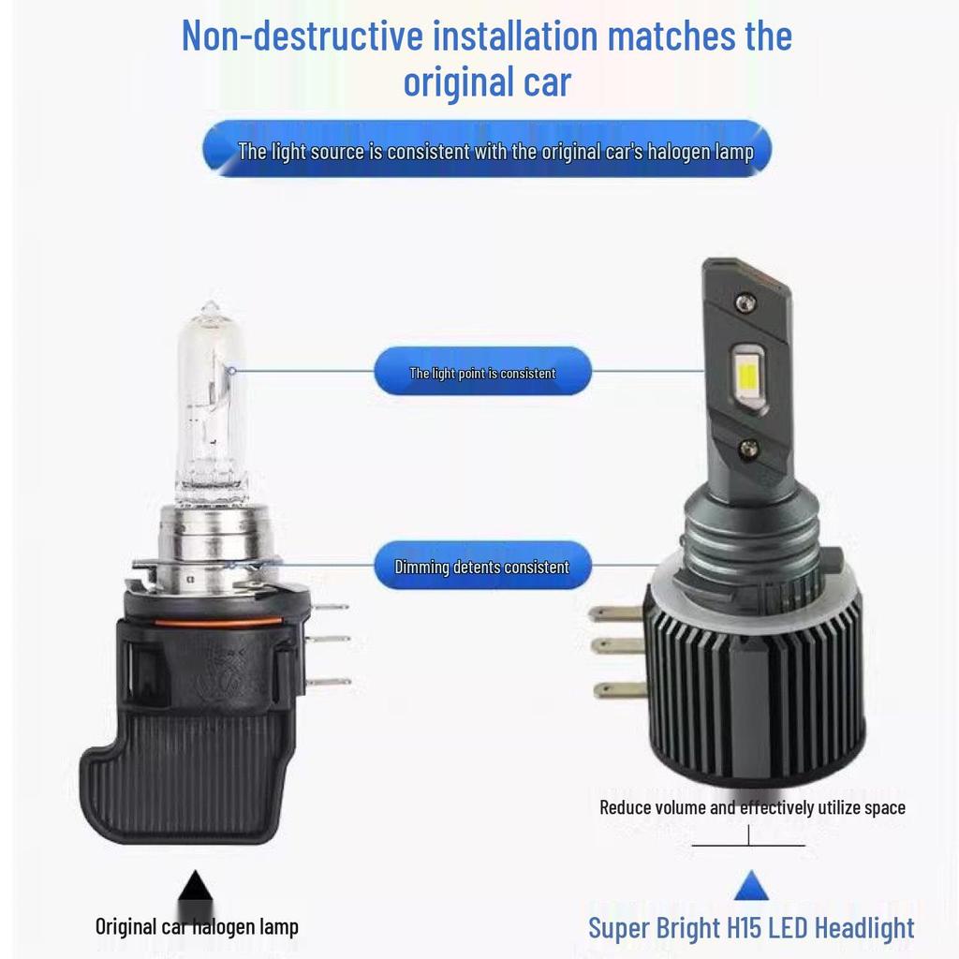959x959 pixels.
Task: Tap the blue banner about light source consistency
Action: tap(487, 151)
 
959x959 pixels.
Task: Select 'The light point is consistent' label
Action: tap(482, 373)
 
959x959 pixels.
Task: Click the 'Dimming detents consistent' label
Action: tap(481, 567)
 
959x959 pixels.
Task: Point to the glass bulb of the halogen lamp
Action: tap(211, 403)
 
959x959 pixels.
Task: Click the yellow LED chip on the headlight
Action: tap(745, 384)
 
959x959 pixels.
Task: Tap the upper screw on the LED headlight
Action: tap(745, 302)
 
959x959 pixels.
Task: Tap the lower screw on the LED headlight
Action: tap(747, 450)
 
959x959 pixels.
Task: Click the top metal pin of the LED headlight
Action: tap(616, 615)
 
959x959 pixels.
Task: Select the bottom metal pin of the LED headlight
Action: tap(619, 690)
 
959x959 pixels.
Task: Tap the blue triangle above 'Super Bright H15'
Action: tap(750, 886)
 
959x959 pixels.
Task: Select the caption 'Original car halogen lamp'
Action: tap(197, 927)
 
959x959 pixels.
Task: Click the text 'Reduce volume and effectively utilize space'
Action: tap(752, 807)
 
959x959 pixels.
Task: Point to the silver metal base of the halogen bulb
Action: tap(210, 534)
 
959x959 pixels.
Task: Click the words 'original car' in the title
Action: tap(486, 82)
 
